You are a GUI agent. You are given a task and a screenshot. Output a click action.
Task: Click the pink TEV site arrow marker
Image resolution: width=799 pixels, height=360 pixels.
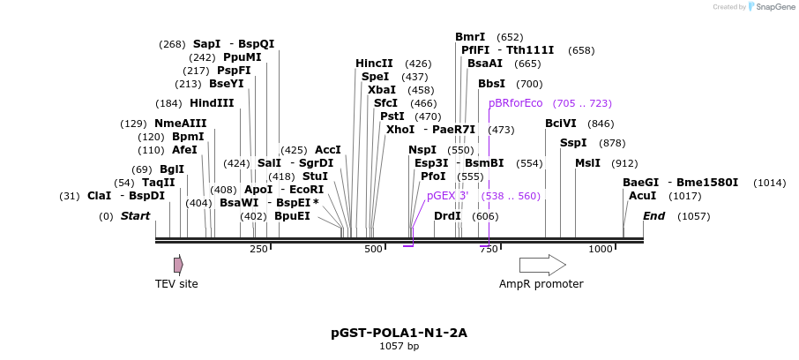(x=178, y=264)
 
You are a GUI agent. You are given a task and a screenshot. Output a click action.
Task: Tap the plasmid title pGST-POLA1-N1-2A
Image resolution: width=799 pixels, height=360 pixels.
(x=399, y=333)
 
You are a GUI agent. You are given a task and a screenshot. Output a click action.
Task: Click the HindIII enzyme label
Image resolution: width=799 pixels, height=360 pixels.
(x=212, y=103)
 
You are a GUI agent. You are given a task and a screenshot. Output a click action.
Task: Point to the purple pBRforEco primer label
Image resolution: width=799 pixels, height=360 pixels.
(x=516, y=103)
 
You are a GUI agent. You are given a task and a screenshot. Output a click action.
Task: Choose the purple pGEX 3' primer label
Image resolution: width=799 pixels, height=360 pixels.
(x=448, y=196)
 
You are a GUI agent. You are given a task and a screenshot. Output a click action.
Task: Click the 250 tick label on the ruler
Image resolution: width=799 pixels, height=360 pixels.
(x=258, y=250)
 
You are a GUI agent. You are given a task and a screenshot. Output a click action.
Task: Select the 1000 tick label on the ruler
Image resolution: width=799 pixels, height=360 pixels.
(x=600, y=250)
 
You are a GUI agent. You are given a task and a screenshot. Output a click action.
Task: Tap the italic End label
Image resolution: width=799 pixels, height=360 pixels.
(x=653, y=216)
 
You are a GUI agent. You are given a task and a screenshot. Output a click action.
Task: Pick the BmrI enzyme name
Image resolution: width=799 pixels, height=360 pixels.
(x=470, y=37)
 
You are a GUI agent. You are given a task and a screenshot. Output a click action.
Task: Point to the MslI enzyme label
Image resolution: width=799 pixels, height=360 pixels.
(x=587, y=163)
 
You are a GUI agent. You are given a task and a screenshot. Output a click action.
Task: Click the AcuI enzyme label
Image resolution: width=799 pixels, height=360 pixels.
(x=642, y=196)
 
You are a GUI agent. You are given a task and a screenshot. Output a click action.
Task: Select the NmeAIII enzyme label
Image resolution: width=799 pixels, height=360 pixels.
(x=180, y=124)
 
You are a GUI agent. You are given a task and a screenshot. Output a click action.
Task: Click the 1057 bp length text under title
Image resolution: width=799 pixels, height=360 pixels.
(x=399, y=347)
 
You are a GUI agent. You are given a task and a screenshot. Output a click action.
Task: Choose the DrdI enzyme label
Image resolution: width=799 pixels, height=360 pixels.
(x=447, y=216)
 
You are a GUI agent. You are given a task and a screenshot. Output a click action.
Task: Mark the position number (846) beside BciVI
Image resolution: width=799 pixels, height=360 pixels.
(x=600, y=124)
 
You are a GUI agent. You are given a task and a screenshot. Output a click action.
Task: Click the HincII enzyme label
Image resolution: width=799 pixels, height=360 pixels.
(x=374, y=64)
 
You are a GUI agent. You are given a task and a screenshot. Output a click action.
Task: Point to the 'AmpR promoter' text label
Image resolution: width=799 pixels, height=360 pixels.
(x=541, y=284)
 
